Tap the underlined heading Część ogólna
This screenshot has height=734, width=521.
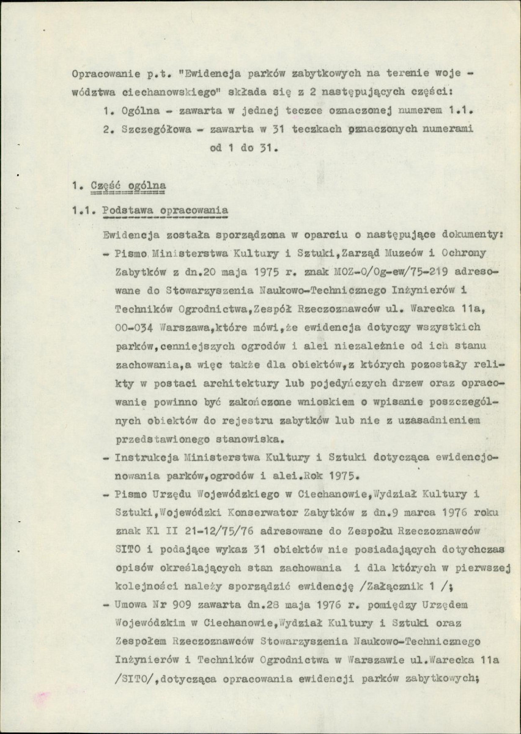point(128,184)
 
